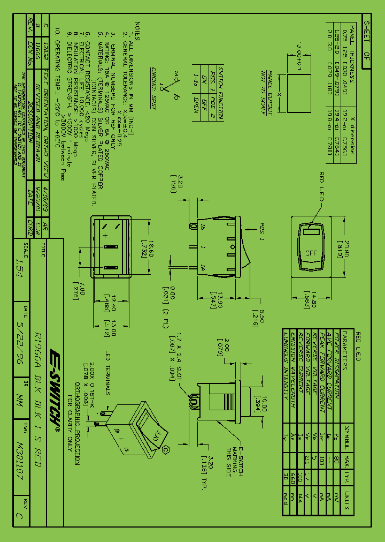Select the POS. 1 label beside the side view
pos(263,228)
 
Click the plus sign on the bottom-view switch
pos(105,236)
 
